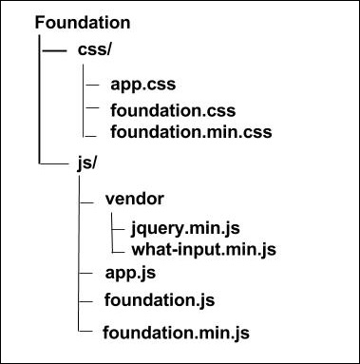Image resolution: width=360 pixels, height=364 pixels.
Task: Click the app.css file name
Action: pyautogui.click(x=142, y=84)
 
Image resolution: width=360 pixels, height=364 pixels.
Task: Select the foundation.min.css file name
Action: pyautogui.click(x=191, y=131)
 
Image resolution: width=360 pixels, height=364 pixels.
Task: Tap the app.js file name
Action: pyautogui.click(x=129, y=275)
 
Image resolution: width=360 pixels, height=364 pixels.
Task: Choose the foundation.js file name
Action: pyautogui.click(x=160, y=300)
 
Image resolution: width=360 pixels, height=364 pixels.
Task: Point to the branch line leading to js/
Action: pyautogui.click(x=52, y=163)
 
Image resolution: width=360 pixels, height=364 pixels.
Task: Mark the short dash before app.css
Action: pyautogui.click(x=92, y=84)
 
